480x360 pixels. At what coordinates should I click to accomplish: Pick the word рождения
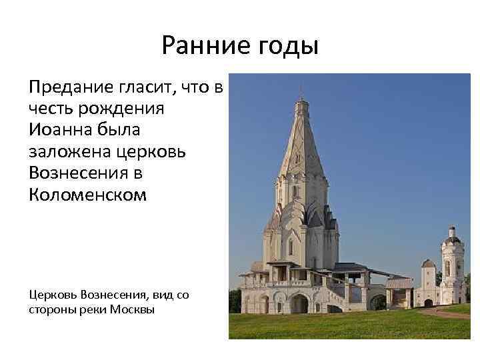click(x=127, y=108)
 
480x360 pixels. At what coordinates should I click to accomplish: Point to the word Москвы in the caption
click(x=133, y=309)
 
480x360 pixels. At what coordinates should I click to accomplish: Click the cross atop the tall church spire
click(x=300, y=89)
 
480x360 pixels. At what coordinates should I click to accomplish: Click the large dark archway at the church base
click(x=300, y=304)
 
